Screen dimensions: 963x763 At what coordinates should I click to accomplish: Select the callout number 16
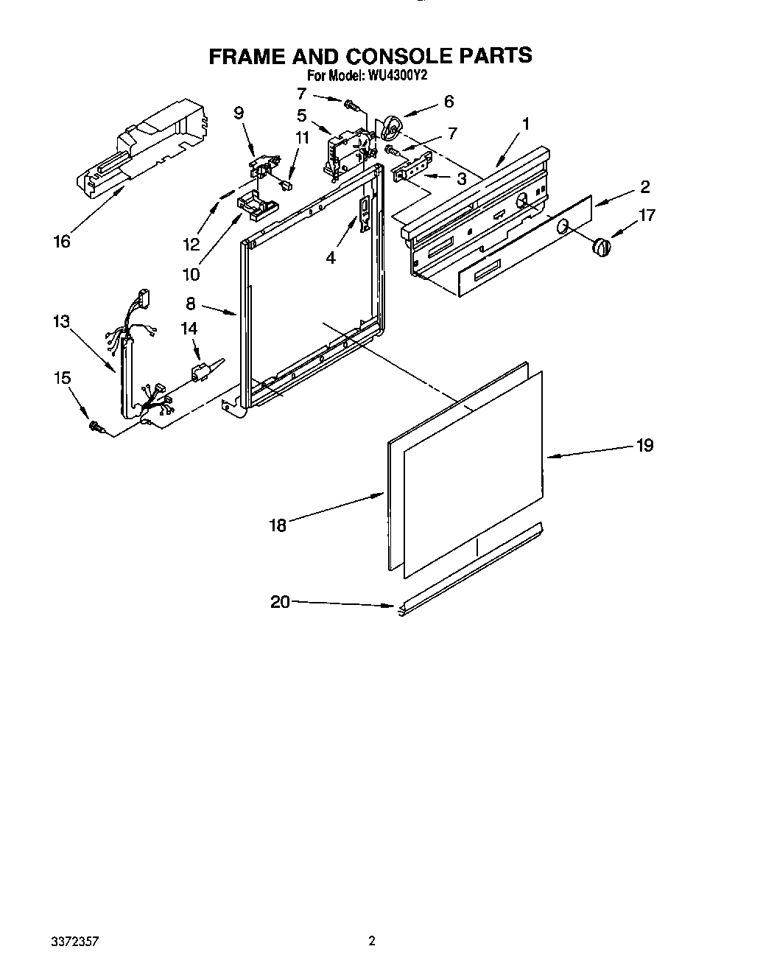(62, 241)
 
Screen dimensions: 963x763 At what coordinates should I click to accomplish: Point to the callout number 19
(644, 445)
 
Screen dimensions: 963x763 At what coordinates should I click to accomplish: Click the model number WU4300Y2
(400, 76)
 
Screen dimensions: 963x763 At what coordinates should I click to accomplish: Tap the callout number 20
(280, 602)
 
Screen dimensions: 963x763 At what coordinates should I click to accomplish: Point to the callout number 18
(278, 525)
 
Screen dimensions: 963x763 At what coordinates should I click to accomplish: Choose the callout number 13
(61, 321)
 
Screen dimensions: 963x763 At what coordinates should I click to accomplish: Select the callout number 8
(191, 303)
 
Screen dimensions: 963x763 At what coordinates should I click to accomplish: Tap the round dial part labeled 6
(393, 130)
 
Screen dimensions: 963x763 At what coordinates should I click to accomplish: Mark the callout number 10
(191, 274)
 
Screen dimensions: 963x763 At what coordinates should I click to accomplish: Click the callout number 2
(644, 186)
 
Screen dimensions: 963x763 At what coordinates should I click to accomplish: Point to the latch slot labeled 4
(364, 214)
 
